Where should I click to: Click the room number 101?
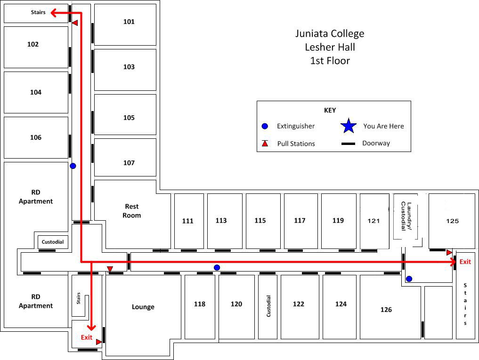(x=129, y=22)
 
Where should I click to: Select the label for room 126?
(x=386, y=310)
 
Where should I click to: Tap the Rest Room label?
(x=132, y=211)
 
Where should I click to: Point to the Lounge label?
(x=143, y=307)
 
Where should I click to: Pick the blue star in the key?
(x=349, y=126)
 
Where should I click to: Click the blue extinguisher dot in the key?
(x=265, y=126)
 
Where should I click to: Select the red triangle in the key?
(x=265, y=144)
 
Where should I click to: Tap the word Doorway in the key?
(x=376, y=143)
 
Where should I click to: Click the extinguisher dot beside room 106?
(x=73, y=166)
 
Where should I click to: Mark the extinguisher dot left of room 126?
(x=409, y=279)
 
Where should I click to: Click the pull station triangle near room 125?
(x=449, y=253)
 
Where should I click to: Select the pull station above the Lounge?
(x=110, y=269)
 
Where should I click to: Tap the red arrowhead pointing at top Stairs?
(x=54, y=13)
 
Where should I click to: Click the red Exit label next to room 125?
(x=465, y=262)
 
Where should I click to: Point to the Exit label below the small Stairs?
(x=87, y=337)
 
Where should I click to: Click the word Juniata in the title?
(x=311, y=33)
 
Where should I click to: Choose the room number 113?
(x=221, y=220)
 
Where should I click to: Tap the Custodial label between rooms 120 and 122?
(x=269, y=306)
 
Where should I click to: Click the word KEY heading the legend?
(x=330, y=110)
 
